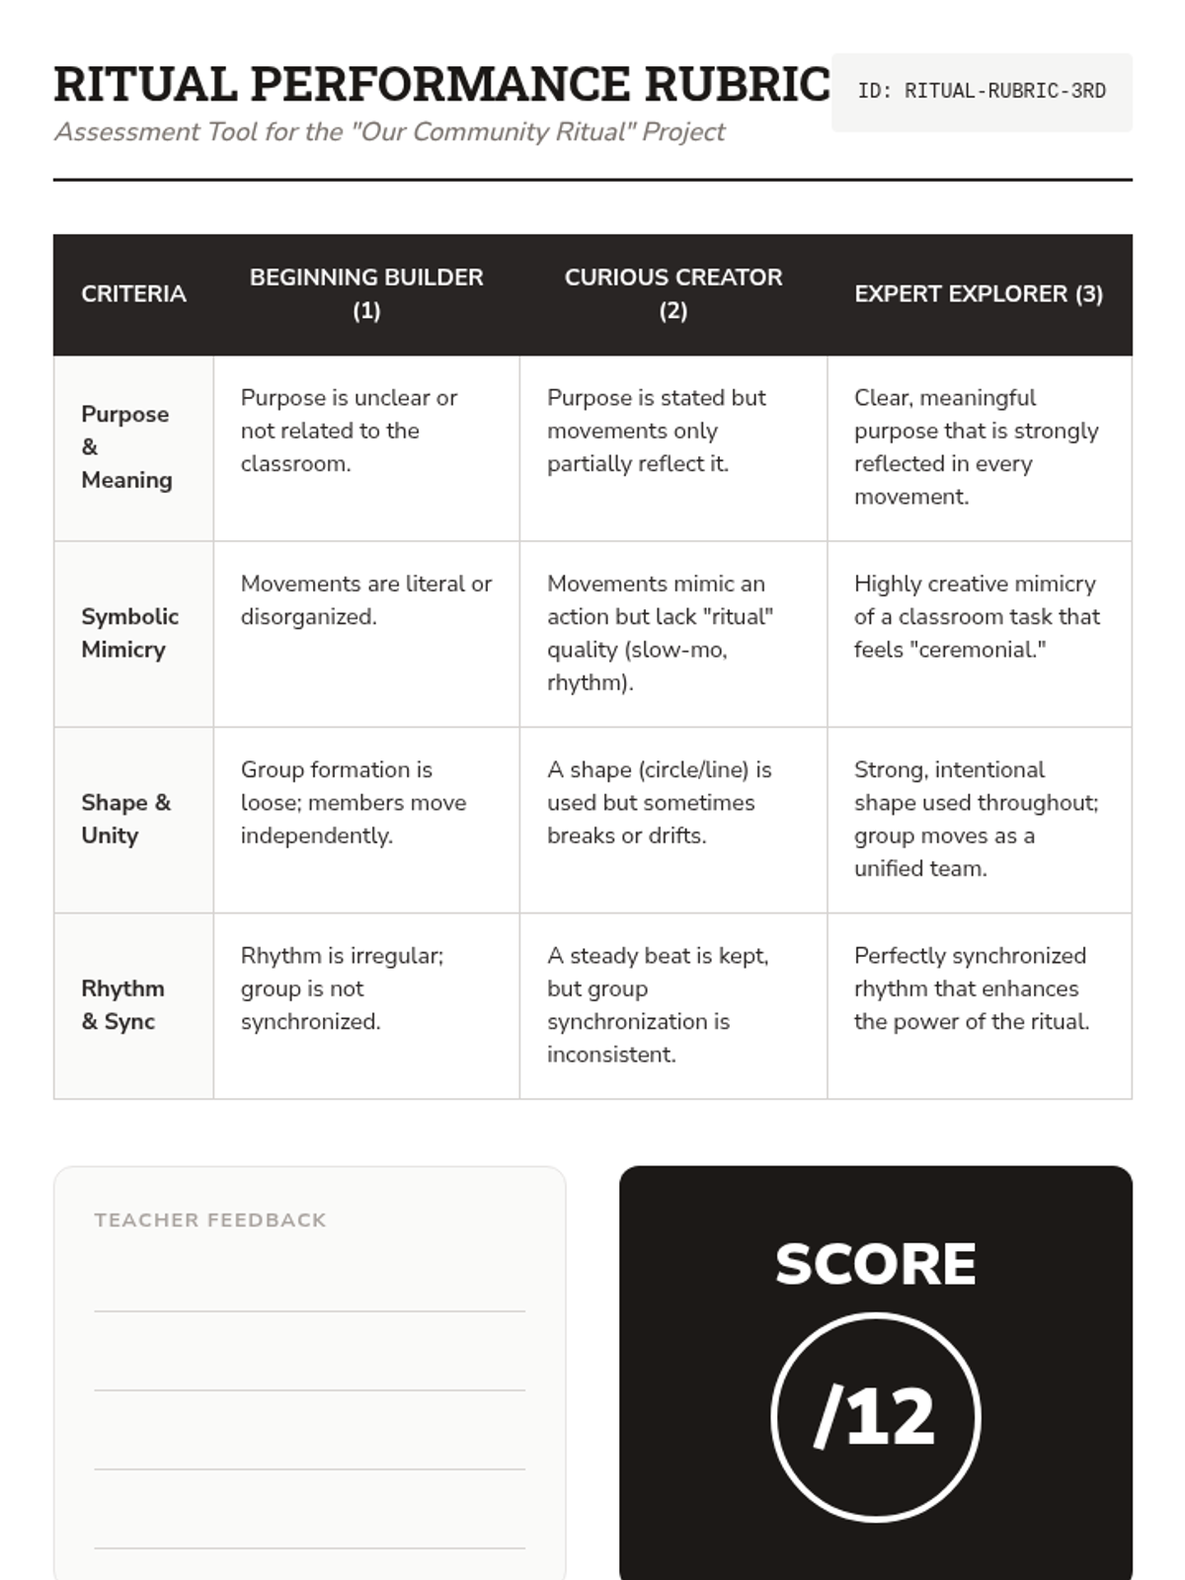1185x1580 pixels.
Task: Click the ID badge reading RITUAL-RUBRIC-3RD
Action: click(x=981, y=91)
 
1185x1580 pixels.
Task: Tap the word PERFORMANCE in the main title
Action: click(x=439, y=85)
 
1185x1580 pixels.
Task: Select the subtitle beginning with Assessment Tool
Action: click(x=390, y=132)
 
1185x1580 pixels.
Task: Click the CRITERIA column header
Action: click(x=133, y=294)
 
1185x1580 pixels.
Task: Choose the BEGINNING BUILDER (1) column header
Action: click(x=366, y=294)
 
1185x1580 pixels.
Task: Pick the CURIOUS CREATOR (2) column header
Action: click(x=672, y=294)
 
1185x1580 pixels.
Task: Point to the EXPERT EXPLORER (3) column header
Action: click(x=978, y=294)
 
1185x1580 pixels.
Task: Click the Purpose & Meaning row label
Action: click(x=126, y=447)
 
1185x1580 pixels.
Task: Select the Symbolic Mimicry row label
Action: click(x=129, y=633)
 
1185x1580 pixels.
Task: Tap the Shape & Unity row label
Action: click(x=125, y=819)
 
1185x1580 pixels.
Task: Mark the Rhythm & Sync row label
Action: click(x=122, y=1005)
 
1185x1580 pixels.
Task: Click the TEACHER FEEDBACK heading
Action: click(x=210, y=1221)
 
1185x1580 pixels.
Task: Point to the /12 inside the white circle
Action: click(x=875, y=1417)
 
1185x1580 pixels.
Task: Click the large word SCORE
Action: click(x=875, y=1264)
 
